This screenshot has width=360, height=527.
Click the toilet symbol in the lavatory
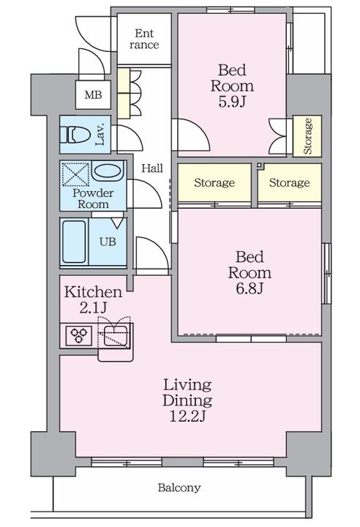coord(75,135)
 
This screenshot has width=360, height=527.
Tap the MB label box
coord(93,94)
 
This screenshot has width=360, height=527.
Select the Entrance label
coord(144,39)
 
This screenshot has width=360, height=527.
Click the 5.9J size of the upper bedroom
coord(232,101)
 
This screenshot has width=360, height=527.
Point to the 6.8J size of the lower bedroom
coord(250,288)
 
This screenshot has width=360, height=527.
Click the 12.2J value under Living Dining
coord(187,416)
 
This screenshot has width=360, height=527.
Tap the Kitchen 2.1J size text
coord(93,307)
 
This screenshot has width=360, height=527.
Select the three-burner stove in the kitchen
coord(79,335)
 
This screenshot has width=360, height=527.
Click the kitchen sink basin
coord(116,336)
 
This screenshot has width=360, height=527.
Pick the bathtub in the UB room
coord(75,242)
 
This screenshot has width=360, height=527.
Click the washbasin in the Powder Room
coord(108,172)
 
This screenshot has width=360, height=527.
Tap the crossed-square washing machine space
coord(76,173)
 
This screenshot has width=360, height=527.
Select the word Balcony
coord(179,487)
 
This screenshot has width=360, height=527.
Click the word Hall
coord(152,168)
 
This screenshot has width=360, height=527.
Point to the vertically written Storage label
coord(307,136)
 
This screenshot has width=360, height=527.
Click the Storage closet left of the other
coord(214,183)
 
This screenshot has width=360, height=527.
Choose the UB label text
coord(108,242)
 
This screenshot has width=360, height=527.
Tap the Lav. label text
coord(100,135)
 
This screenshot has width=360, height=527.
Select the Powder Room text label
coord(93,198)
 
